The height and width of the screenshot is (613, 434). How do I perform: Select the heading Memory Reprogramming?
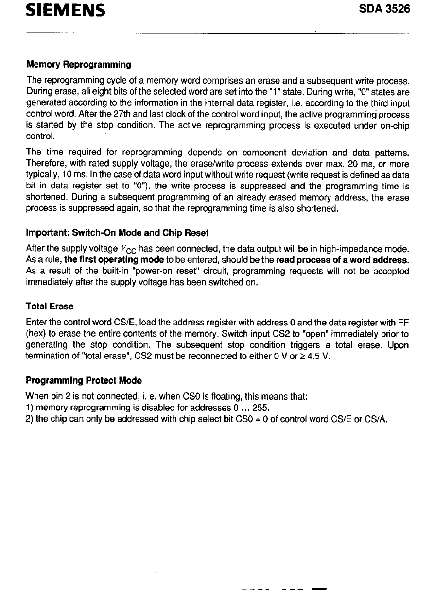pos(78,65)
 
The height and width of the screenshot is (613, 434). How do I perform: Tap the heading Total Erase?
pos(49,306)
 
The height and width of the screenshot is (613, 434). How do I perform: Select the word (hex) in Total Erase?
pos(36,334)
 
